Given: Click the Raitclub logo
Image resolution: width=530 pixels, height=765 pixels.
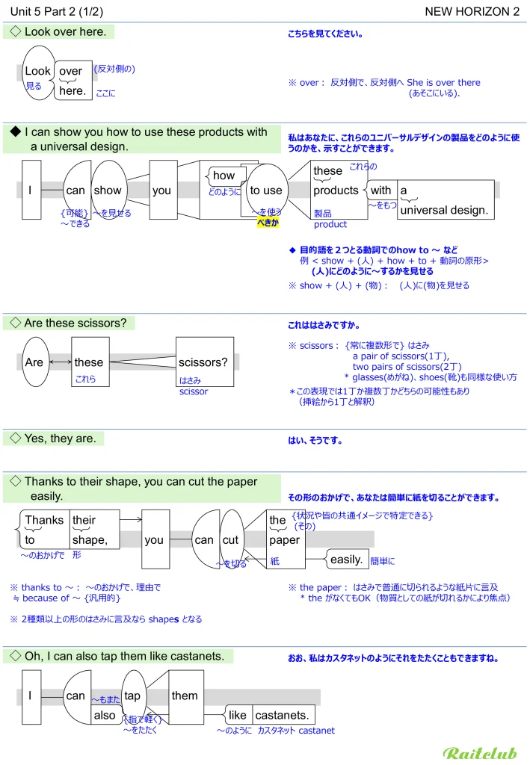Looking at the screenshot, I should point(480,752).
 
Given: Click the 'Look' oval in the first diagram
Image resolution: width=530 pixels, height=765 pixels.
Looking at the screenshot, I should point(37,72).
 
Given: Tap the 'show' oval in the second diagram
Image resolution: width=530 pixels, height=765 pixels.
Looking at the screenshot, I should point(108,191).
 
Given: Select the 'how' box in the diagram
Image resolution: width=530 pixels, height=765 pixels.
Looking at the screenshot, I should point(224,176).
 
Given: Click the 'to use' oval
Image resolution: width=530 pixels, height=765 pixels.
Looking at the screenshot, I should point(266,191).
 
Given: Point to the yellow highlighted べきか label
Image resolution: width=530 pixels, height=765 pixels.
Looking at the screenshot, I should point(268,222).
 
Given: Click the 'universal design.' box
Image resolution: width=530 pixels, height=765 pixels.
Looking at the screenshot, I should point(444,210).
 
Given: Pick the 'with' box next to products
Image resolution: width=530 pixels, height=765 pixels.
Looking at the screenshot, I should point(381,191).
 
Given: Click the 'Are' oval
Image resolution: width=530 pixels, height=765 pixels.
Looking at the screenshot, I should point(34,362).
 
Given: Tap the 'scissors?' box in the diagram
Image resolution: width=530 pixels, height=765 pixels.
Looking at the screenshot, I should point(203,362).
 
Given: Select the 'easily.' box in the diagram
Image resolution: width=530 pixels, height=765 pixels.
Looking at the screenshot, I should point(347,559).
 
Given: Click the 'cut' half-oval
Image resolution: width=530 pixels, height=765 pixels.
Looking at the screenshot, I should point(230,539).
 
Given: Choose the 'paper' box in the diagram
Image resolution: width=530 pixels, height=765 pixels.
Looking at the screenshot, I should point(284,539).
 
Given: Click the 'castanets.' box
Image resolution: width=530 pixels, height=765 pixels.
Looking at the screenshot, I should point(283,715).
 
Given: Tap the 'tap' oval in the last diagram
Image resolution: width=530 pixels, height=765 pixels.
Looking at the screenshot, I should point(132,696).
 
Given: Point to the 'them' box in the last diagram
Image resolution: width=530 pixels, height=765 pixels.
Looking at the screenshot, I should point(185,696).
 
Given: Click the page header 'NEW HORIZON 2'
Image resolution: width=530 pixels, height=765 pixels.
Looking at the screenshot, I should point(472,11).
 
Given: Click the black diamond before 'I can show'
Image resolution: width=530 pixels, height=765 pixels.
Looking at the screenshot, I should point(15,132).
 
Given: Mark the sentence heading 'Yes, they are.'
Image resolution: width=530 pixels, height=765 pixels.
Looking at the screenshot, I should point(60,439).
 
